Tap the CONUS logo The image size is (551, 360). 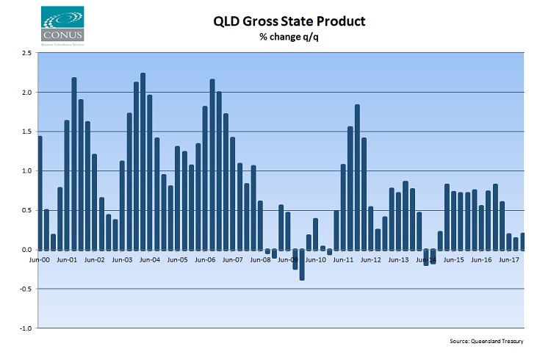62,24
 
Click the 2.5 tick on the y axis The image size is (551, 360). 26,54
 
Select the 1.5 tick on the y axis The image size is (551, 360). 26,132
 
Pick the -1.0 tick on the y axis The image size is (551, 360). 24,328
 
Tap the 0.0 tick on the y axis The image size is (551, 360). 26,250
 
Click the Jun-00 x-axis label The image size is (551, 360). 38,259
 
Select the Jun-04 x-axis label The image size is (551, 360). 150,259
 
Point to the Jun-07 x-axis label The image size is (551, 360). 233,259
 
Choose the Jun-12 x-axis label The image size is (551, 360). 371,259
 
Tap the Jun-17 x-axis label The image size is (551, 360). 509,259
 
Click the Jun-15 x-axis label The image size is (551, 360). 454,259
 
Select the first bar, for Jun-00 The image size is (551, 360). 40,193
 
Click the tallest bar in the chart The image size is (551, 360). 143,162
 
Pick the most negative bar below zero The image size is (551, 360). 302,264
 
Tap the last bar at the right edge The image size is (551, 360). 522,242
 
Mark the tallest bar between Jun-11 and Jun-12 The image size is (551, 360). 357,177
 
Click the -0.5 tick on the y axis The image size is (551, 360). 24,289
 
